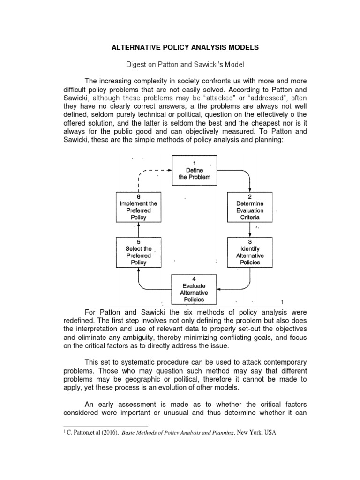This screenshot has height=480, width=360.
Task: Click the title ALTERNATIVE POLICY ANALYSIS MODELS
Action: [180, 47]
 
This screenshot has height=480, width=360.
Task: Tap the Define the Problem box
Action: [195, 171]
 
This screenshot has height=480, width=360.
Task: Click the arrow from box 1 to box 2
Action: [244, 172]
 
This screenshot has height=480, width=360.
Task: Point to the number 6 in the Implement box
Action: [138, 196]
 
